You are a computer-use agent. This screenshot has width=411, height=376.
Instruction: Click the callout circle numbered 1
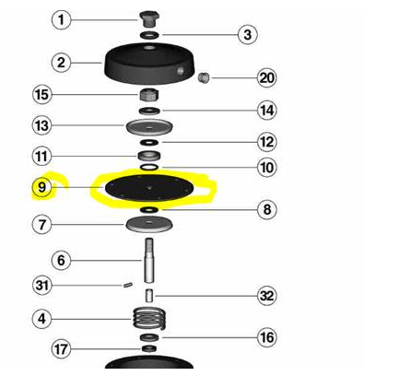point(61,20)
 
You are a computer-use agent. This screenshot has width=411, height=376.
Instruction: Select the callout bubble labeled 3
point(248,34)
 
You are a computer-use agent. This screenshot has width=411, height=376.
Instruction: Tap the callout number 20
point(266,77)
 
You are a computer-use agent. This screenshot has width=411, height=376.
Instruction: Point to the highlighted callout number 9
point(41,187)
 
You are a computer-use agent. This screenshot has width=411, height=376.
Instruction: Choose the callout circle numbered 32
point(266,296)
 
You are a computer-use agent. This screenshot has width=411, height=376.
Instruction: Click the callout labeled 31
point(41,286)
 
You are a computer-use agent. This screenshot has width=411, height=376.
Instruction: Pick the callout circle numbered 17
point(61,349)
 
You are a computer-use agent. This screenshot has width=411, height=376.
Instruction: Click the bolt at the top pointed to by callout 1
point(149,19)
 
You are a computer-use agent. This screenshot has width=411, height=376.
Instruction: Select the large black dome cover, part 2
point(149,64)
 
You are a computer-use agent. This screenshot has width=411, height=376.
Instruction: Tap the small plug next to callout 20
point(204,77)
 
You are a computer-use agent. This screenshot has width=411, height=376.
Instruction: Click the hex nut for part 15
point(149,95)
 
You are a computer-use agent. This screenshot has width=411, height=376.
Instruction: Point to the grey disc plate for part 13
point(149,127)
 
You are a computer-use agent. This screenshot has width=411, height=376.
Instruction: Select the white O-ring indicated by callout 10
point(149,168)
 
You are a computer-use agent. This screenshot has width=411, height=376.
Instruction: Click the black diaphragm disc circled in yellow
point(149,187)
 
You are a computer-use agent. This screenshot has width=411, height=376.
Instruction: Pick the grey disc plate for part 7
point(149,224)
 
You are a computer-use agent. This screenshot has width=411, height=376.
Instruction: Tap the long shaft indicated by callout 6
point(149,261)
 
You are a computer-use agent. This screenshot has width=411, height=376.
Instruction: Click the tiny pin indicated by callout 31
point(128,286)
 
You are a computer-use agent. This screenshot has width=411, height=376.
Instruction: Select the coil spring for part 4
point(149,319)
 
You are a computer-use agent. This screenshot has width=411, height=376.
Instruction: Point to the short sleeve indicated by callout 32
point(149,296)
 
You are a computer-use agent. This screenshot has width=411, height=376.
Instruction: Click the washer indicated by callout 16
point(149,337)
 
